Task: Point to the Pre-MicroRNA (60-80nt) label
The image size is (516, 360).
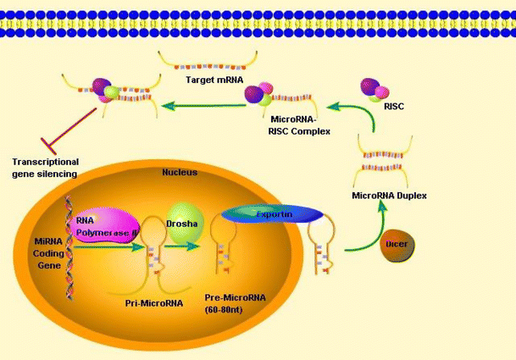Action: pyautogui.click(x=234, y=304)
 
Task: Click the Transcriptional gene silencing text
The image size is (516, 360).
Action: pyautogui.click(x=45, y=167)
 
